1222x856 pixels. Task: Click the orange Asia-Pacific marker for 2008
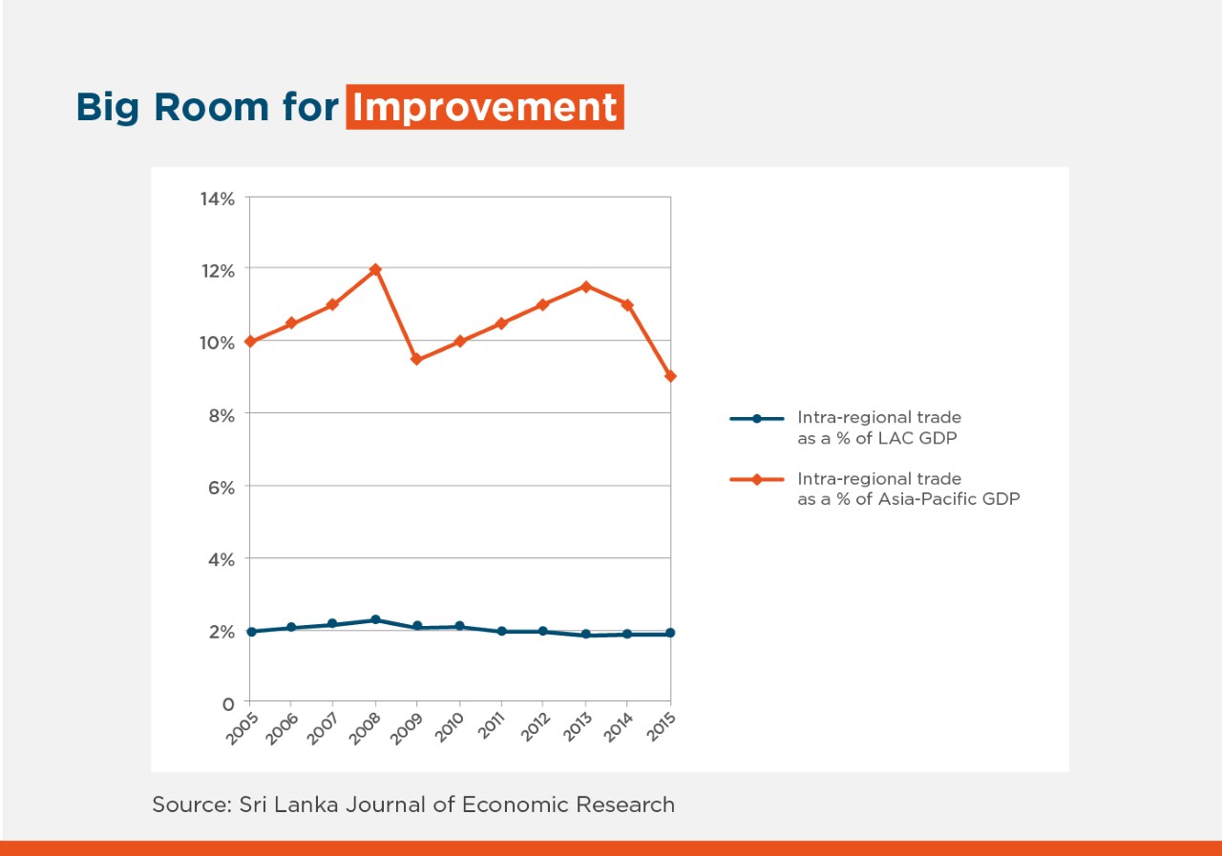[x=375, y=270]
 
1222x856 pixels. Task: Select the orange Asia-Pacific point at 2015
[x=670, y=376]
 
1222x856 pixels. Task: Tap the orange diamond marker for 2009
[x=416, y=360]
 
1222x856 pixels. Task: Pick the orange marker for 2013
[x=585, y=286]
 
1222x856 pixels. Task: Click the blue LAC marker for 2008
[x=375, y=620]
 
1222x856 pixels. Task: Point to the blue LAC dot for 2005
[x=250, y=632]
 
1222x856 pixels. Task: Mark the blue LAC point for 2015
[x=670, y=633]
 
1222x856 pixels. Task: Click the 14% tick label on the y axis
[x=217, y=198]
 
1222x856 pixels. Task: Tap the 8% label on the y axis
[x=221, y=415]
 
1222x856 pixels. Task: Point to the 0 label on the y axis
[x=228, y=704]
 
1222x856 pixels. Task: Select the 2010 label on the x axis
[x=449, y=728]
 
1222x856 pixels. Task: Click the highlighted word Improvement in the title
[x=485, y=107]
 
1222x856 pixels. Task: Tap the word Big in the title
[x=107, y=107]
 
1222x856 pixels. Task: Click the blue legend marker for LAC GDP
[x=756, y=418]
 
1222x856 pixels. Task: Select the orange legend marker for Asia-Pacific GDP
[x=756, y=479]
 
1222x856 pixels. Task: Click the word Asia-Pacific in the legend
[x=926, y=499]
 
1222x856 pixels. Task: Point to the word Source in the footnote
[x=187, y=804]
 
